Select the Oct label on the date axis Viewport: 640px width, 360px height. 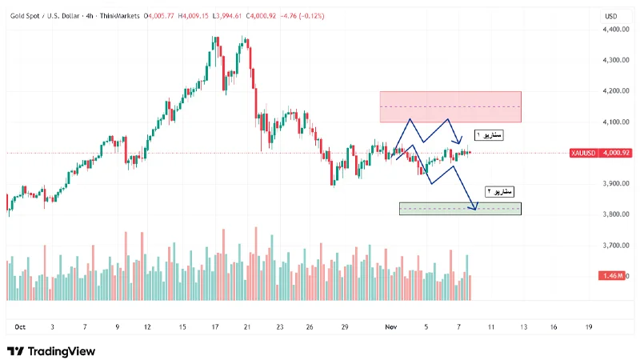[21, 326]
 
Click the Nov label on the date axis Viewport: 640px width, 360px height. [391, 326]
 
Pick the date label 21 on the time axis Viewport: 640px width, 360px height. [248, 326]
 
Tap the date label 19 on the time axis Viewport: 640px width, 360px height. [588, 326]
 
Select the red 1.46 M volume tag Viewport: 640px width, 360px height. [611, 276]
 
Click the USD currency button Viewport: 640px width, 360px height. [612, 16]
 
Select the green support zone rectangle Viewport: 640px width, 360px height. [460, 209]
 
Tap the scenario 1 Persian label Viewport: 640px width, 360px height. [489, 134]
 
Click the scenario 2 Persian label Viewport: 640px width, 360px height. [502, 191]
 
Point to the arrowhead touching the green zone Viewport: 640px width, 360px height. [475, 208]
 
